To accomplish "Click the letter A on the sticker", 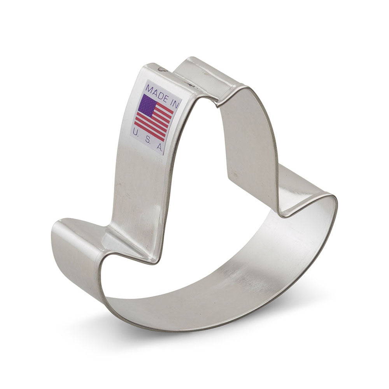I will [x=159, y=147].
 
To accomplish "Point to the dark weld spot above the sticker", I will [x=161, y=70].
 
